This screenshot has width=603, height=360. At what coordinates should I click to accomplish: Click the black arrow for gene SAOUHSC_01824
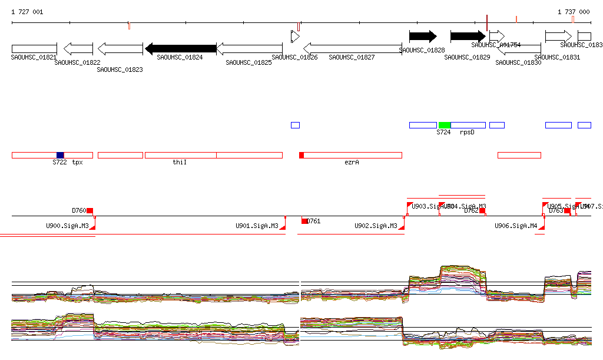[181, 48]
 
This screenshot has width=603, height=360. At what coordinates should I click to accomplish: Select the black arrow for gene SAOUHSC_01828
[423, 37]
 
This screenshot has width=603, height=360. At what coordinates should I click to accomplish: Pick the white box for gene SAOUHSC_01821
[34, 48]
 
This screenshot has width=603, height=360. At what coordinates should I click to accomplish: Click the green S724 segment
[445, 125]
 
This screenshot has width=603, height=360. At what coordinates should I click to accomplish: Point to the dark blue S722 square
[60, 155]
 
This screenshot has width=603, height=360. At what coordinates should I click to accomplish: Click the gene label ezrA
[352, 162]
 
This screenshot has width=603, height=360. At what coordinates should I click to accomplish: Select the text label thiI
[180, 162]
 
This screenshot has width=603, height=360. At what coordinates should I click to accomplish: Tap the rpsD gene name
[467, 133]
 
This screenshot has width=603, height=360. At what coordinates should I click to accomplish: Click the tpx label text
[77, 162]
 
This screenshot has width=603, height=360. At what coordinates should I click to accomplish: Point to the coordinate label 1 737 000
[574, 12]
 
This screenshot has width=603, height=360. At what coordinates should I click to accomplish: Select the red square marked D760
[90, 210]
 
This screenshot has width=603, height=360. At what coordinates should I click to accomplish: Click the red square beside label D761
[304, 221]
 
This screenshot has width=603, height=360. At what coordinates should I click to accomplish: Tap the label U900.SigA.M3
[67, 226]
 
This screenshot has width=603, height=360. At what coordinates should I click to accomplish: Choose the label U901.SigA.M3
[257, 226]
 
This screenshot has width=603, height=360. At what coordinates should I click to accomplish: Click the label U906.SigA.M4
[516, 226]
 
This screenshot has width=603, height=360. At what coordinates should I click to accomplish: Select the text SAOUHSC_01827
[352, 57]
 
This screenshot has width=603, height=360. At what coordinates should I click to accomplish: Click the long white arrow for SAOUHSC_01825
[249, 48]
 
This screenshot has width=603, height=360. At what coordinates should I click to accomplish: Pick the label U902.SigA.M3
[376, 226]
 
